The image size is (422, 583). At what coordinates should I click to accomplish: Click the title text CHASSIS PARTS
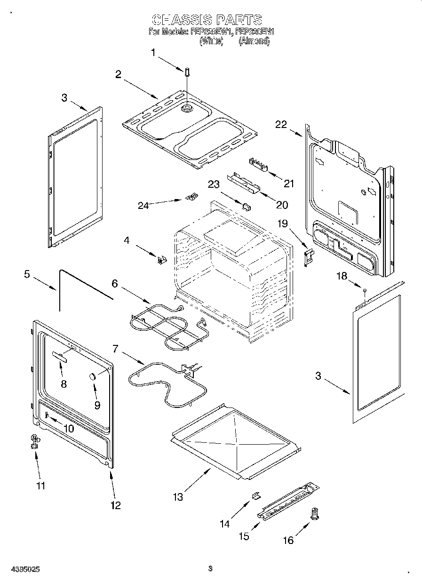click(x=207, y=20)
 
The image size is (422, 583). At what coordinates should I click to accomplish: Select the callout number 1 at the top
click(x=153, y=53)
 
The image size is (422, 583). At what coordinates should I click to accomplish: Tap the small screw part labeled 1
click(x=187, y=72)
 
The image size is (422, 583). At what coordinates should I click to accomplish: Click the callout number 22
click(x=281, y=124)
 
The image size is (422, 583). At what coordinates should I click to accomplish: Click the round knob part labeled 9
click(x=93, y=375)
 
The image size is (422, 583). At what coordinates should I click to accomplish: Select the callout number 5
click(x=27, y=273)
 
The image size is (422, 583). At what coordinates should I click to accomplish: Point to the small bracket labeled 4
click(x=161, y=258)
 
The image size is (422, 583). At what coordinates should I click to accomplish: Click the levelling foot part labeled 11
click(x=34, y=441)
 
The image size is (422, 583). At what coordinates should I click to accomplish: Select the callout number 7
click(x=115, y=349)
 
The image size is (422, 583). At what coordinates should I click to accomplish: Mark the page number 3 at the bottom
click(x=210, y=568)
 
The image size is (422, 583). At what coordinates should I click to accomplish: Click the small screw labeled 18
click(x=364, y=292)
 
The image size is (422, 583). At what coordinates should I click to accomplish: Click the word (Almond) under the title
click(x=254, y=41)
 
